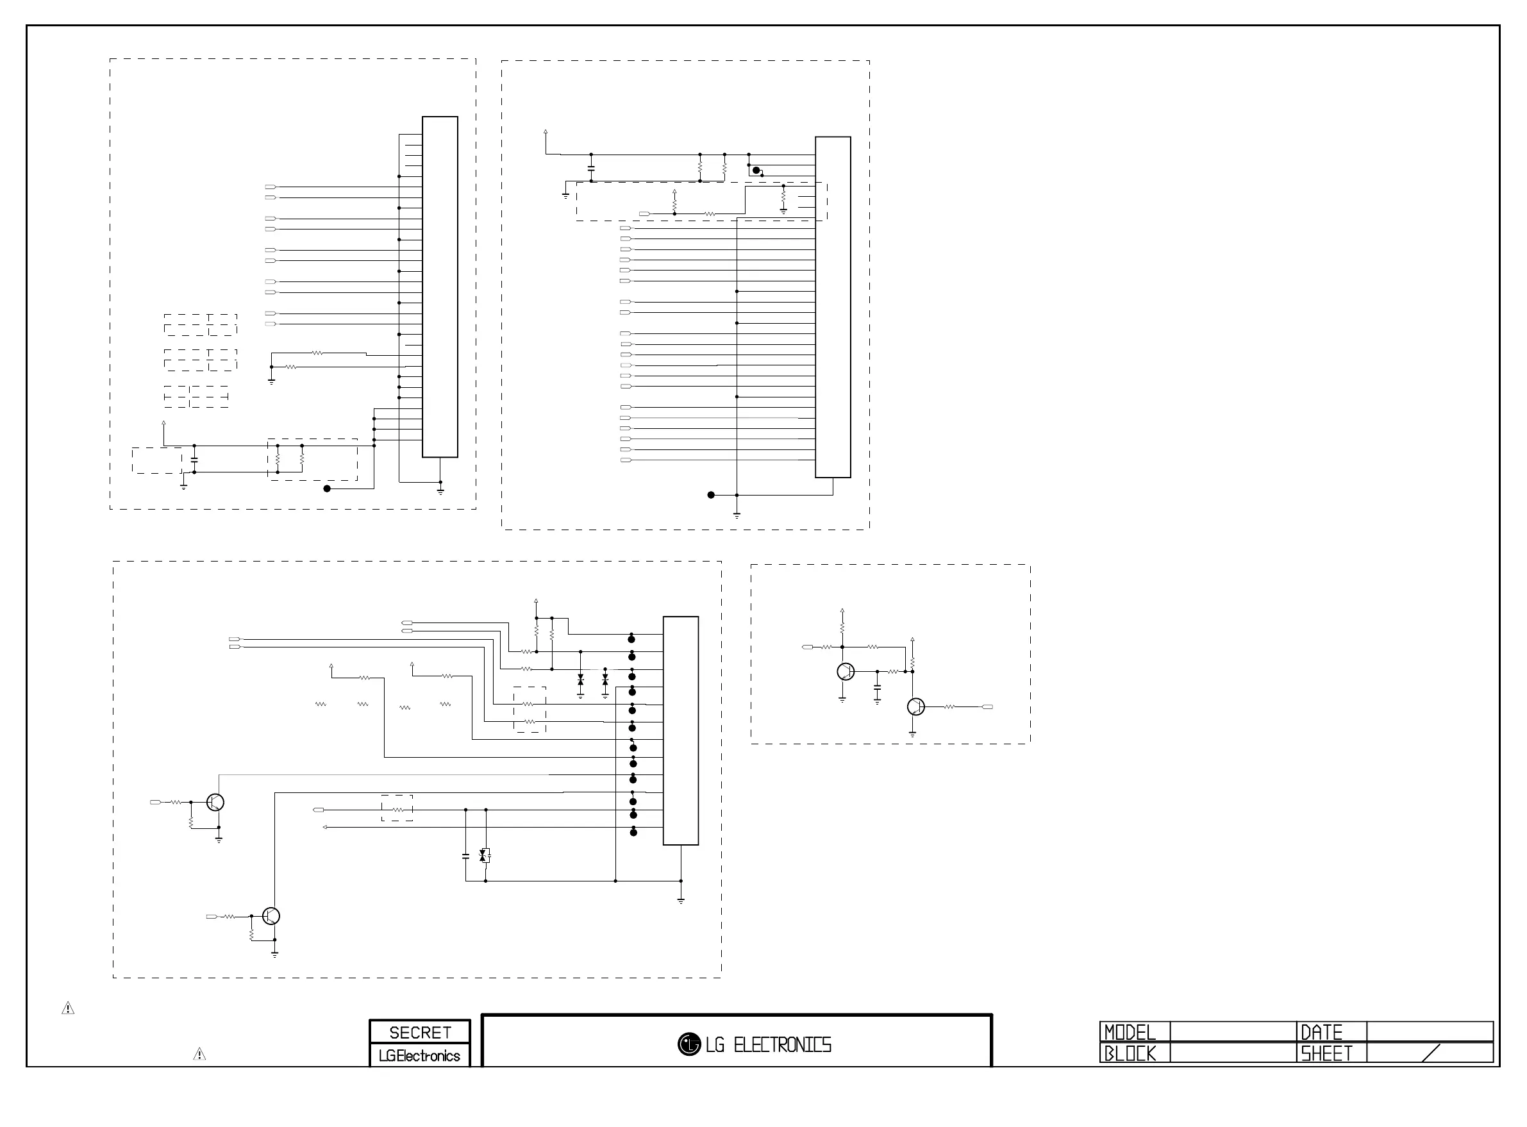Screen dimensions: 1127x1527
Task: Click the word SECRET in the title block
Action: click(x=419, y=1032)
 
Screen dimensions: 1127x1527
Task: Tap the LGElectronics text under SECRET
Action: click(x=419, y=1056)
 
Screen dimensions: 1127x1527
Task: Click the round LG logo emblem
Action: click(x=689, y=1044)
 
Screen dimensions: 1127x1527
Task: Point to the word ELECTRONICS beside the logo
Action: click(x=782, y=1045)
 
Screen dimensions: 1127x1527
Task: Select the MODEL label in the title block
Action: click(x=1130, y=1032)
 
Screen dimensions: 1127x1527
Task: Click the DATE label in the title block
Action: click(x=1322, y=1032)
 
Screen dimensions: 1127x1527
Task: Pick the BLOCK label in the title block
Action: click(x=1130, y=1054)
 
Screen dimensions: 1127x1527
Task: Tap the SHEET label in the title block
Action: click(x=1326, y=1054)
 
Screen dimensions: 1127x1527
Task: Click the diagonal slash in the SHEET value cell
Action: click(x=1431, y=1053)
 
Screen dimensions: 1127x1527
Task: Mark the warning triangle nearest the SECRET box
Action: click(x=199, y=1055)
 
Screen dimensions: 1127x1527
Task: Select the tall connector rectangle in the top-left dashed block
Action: click(x=440, y=287)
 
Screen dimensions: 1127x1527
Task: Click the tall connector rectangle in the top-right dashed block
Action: click(x=833, y=307)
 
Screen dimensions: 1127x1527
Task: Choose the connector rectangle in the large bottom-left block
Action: click(x=681, y=731)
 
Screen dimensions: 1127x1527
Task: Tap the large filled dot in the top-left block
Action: click(x=327, y=488)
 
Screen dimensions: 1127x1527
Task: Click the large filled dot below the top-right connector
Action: click(x=711, y=495)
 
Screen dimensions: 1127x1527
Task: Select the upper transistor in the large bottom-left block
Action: click(x=215, y=802)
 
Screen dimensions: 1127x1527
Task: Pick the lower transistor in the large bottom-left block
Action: click(x=271, y=915)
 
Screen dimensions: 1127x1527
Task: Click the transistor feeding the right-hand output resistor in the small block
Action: click(x=916, y=706)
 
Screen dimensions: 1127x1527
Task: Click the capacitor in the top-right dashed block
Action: click(x=591, y=167)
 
